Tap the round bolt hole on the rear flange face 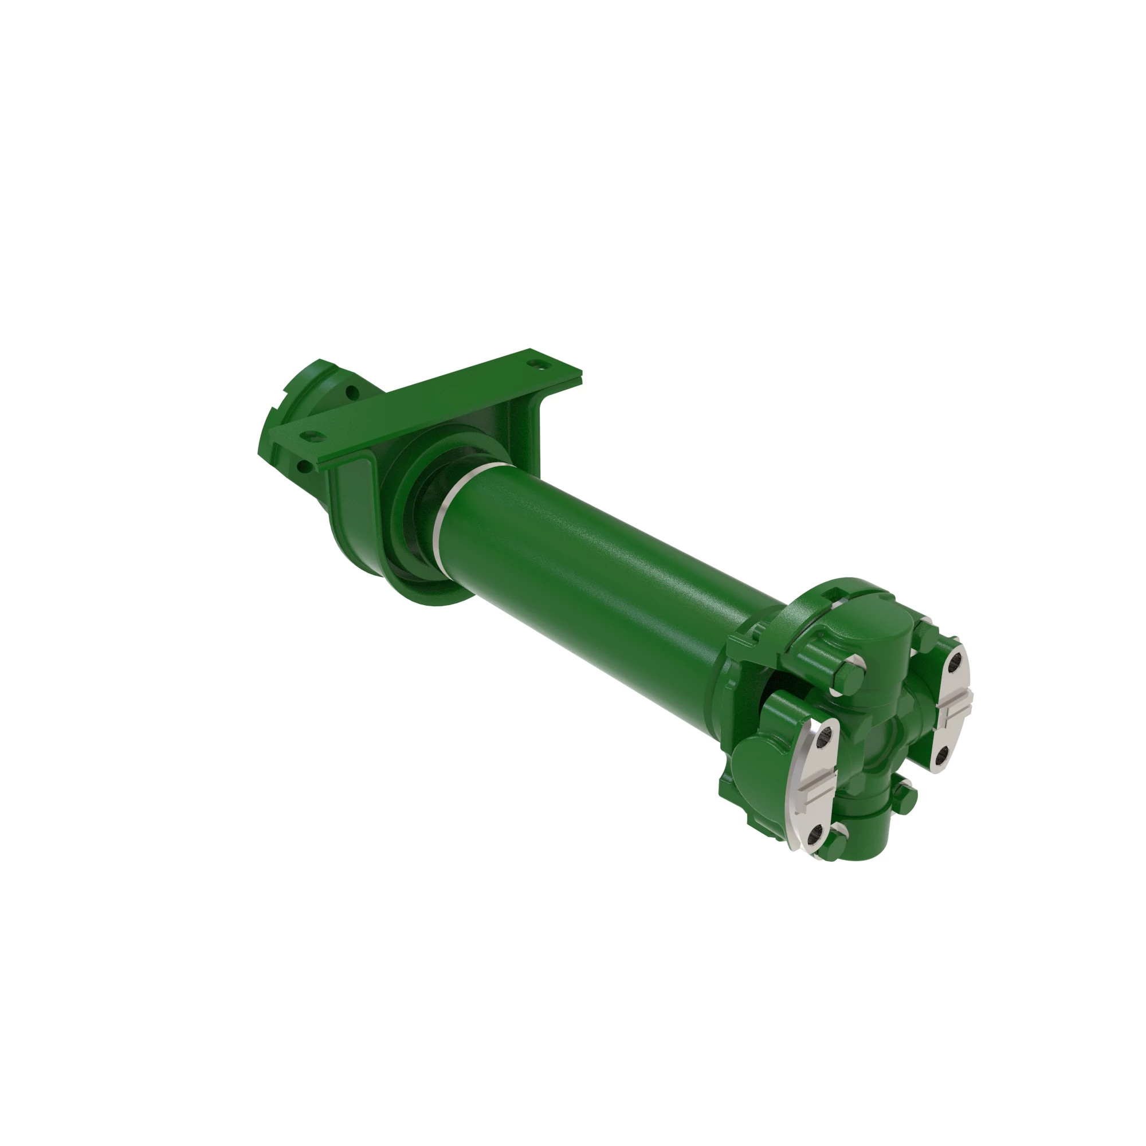(351, 392)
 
